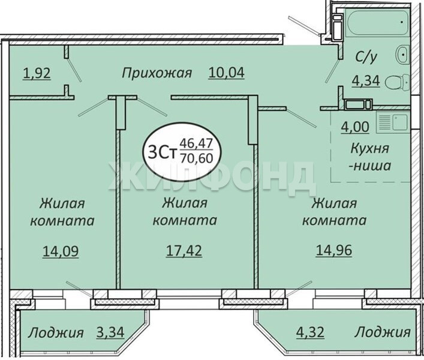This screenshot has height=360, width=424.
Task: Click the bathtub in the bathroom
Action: tap(377, 22)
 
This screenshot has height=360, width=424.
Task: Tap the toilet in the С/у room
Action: tap(398, 82)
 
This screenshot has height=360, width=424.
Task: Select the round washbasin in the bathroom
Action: tap(402, 55)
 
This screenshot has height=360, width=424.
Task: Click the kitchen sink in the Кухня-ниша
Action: tap(392, 123)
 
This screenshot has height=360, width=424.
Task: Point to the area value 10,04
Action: tap(226, 73)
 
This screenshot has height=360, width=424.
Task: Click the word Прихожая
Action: tap(157, 73)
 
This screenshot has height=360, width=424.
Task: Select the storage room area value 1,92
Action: tap(37, 74)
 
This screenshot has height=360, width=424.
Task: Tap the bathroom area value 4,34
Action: tap(366, 80)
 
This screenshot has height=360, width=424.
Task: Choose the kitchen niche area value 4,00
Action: tap(355, 127)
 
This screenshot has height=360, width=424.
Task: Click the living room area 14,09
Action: tap(61, 251)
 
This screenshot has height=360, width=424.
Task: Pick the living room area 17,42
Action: tap(184, 251)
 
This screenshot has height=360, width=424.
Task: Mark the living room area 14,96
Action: tap(333, 250)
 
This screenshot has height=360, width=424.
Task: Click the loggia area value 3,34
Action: tap(110, 332)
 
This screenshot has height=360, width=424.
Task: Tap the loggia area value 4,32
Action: tap(310, 332)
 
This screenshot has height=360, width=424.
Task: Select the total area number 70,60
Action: tap(197, 158)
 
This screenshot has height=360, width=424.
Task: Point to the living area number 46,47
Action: tap(197, 143)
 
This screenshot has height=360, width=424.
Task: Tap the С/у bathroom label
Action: tap(366, 58)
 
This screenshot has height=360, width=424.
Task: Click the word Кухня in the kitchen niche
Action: tap(369, 148)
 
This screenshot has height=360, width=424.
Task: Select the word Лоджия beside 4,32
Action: tap(383, 332)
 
